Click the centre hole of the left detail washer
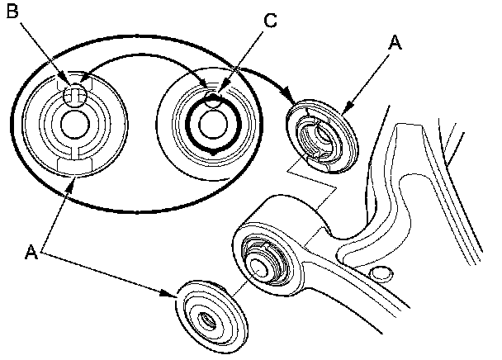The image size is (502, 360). pos(74,125)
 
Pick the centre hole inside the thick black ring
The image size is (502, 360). pos(213,126)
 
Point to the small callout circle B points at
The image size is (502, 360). pos(75,95)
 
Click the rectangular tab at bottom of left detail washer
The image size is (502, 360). pos(74,166)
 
